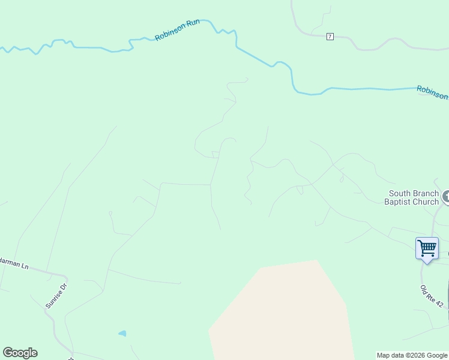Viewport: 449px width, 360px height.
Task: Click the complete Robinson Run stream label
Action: click(x=178, y=31)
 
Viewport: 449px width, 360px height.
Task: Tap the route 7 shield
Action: click(x=330, y=37)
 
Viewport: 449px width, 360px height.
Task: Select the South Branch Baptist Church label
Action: click(x=414, y=197)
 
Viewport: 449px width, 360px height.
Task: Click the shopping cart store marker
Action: click(x=427, y=247)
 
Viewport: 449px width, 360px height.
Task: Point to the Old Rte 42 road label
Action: click(x=432, y=296)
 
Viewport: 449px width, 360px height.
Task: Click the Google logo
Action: click(x=20, y=353)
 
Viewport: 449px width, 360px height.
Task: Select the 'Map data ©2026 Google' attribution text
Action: click(x=412, y=356)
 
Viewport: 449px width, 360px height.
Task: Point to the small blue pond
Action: click(x=122, y=333)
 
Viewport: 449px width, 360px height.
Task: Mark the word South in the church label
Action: click(x=400, y=193)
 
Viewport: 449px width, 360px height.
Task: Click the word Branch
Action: click(x=427, y=193)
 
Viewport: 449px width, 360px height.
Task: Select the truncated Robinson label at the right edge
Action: click(x=433, y=92)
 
